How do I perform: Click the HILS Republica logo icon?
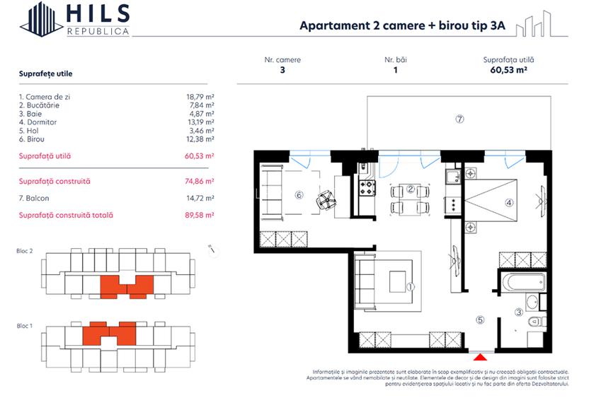(41, 18)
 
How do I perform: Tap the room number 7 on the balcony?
(459, 119)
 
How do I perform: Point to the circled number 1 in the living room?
(411, 287)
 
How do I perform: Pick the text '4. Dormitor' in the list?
(38, 122)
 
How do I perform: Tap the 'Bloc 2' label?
(25, 251)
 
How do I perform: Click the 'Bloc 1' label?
(25, 326)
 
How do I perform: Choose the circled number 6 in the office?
(299, 195)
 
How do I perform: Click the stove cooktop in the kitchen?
(368, 188)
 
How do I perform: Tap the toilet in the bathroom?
(536, 322)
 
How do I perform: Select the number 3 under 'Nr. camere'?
(282, 70)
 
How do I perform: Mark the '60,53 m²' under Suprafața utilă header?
(508, 70)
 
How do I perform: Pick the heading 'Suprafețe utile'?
(45, 74)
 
